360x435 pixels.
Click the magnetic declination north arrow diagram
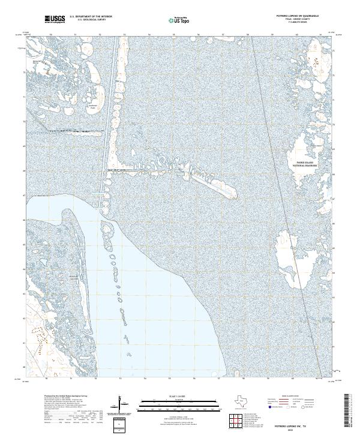click(122, 402)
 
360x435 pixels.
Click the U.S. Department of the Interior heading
click(91, 17)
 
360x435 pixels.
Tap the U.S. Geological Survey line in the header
click(91, 20)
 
